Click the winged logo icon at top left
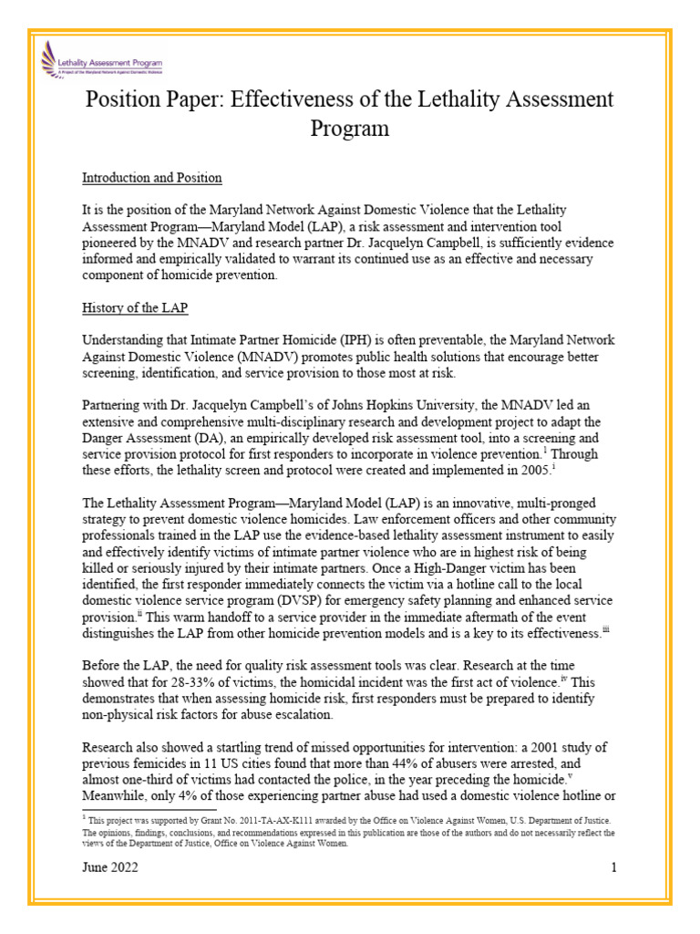(x=48, y=61)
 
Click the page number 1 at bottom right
(x=614, y=867)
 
